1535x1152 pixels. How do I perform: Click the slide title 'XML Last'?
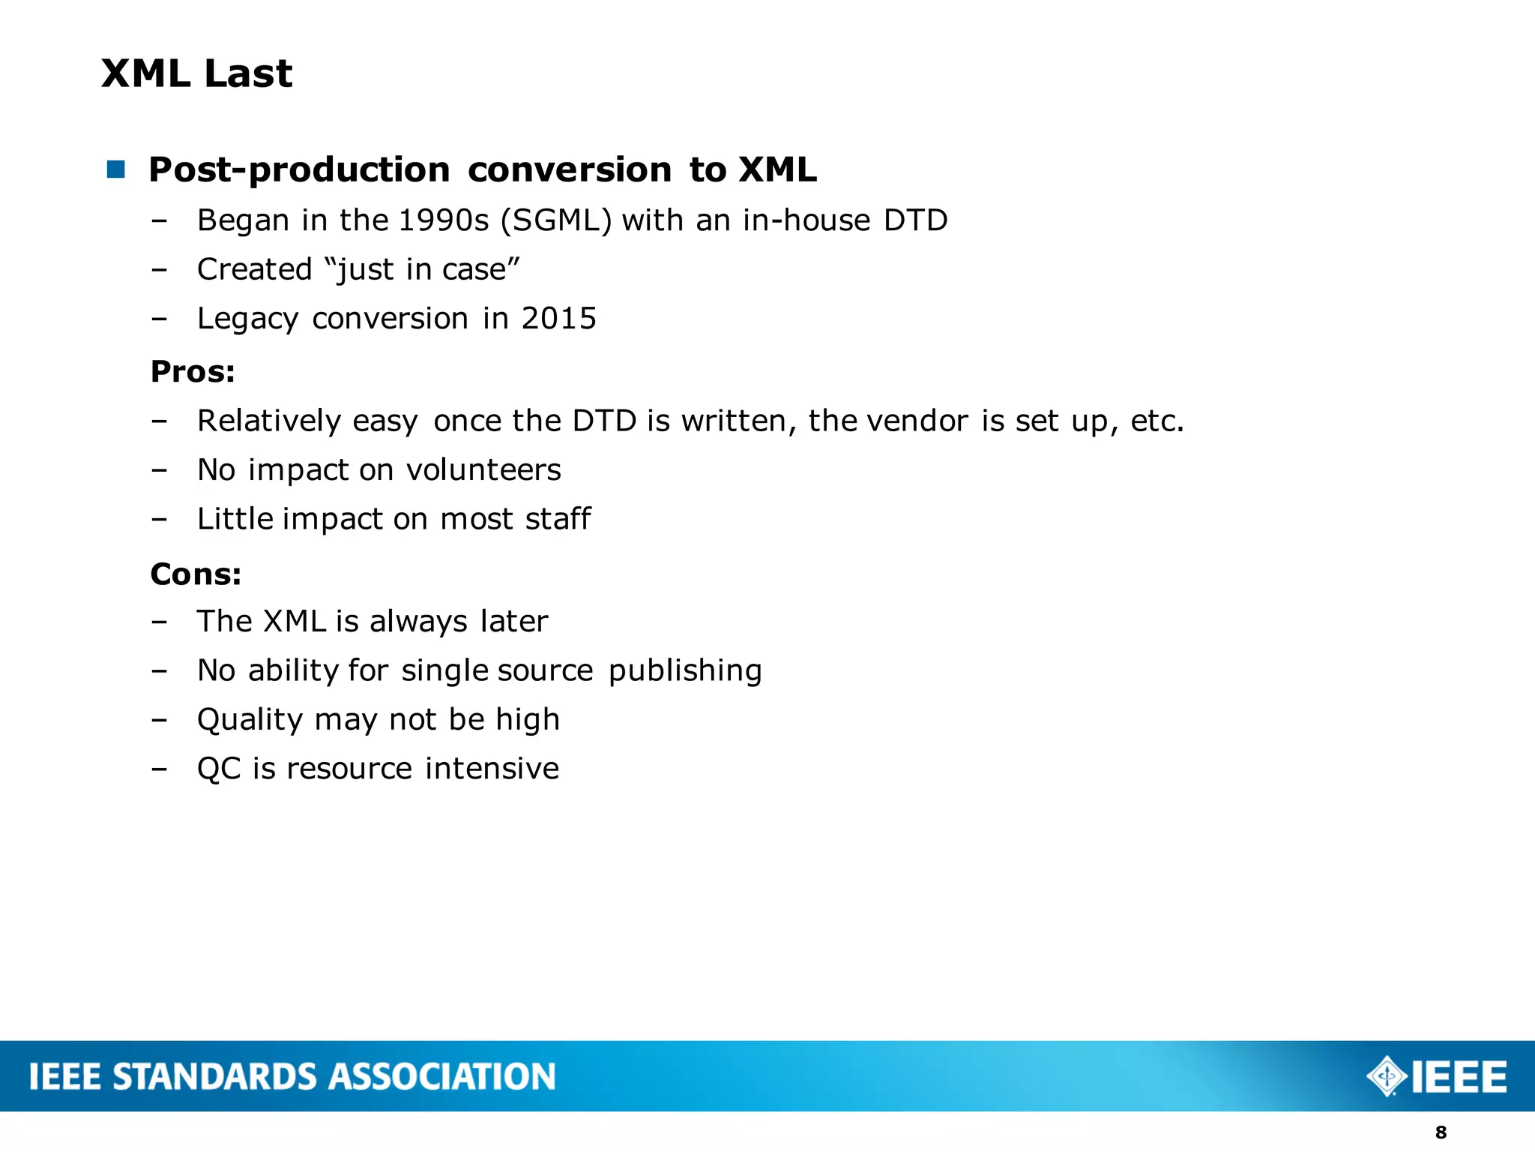196,73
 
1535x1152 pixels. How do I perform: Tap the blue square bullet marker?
116,169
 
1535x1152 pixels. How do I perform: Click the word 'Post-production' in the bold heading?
299,170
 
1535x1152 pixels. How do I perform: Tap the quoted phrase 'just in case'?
422,269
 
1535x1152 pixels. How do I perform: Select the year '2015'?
559,319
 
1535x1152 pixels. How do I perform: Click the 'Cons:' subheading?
196,574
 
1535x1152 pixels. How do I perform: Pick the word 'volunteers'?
483,470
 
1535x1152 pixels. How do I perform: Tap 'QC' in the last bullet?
219,769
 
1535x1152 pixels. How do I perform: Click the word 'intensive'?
492,769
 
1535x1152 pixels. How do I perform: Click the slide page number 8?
1441,1132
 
